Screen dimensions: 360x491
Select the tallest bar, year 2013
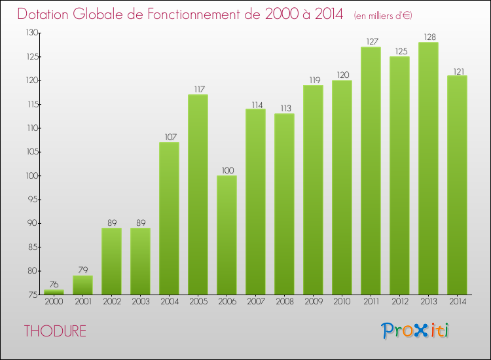[x=428, y=168]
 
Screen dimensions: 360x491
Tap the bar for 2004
[x=169, y=218]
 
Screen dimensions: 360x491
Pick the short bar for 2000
[x=54, y=293]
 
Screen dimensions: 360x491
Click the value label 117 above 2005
[x=198, y=89]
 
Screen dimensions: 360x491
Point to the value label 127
[x=371, y=41]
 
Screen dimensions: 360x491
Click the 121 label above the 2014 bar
[x=457, y=70]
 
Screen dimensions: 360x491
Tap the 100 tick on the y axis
[x=30, y=175]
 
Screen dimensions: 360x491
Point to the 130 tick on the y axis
[x=30, y=33]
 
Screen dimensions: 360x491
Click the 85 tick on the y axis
[x=31, y=247]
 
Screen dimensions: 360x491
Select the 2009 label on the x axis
[x=313, y=301]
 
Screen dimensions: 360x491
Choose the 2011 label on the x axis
[x=371, y=301]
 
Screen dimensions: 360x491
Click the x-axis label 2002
[x=111, y=301]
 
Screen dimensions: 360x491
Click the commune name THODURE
[x=55, y=331]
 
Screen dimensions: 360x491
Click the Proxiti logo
[x=415, y=331]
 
